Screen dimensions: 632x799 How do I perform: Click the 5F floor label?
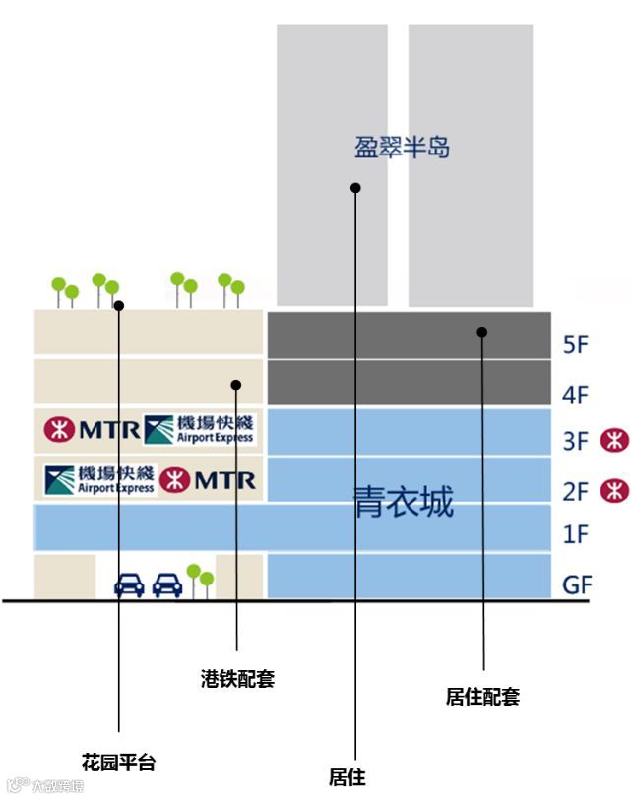click(576, 345)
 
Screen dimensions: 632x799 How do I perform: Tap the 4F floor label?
click(576, 396)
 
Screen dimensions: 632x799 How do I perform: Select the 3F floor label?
click(576, 441)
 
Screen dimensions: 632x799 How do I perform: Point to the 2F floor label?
click(576, 490)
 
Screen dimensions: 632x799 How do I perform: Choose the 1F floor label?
click(576, 535)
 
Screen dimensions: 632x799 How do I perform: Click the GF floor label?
click(577, 584)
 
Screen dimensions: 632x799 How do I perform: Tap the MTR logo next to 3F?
click(614, 439)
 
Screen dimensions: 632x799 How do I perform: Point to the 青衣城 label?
click(404, 502)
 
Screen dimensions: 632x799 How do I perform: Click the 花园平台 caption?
click(118, 763)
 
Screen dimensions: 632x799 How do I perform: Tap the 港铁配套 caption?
click(237, 678)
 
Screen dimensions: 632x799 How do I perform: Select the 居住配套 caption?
click(482, 697)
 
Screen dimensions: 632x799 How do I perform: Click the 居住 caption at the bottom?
click(347, 777)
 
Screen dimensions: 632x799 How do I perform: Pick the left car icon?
click(129, 585)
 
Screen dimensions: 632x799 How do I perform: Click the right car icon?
click(167, 585)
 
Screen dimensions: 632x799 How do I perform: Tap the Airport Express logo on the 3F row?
click(199, 430)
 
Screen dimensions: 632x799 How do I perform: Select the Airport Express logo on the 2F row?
click(99, 479)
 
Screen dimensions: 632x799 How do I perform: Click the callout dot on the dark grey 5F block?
click(482, 332)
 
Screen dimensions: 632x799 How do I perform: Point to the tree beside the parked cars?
click(200, 579)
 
